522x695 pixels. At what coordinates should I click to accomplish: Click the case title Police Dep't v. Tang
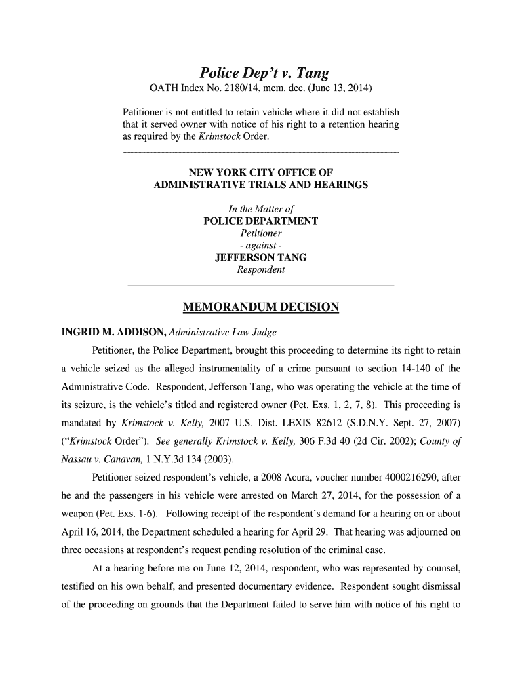click(260, 73)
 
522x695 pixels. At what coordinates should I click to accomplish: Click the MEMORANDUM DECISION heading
click(261, 308)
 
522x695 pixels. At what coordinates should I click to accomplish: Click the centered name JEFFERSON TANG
click(260, 258)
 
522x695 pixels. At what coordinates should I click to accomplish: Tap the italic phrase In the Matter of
click(261, 209)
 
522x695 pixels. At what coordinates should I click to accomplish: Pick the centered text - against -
click(261, 246)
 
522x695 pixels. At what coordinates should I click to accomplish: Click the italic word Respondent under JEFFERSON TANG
click(261, 270)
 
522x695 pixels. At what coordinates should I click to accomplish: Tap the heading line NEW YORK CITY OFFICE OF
click(261, 172)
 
